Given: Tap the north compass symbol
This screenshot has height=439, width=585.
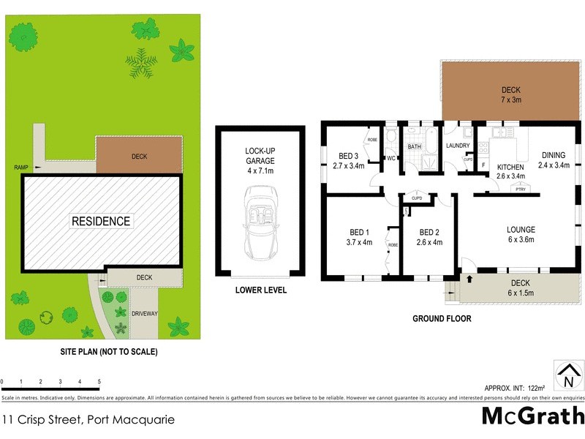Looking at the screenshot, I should (567, 375).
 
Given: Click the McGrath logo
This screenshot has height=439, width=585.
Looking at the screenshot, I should (532, 416).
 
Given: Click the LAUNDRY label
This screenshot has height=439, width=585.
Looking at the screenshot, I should (458, 146).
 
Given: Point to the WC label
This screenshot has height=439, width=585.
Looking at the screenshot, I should (391, 158).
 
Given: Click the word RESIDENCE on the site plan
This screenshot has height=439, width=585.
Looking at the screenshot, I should (101, 221).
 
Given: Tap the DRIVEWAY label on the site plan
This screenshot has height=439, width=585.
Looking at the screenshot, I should (145, 313).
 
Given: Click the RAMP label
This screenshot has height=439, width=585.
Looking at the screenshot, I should (21, 168).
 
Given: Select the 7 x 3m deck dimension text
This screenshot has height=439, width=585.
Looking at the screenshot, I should (511, 100).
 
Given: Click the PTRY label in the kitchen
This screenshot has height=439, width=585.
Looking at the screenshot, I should (521, 190).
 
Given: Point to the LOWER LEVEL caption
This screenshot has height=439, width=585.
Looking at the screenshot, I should (260, 290).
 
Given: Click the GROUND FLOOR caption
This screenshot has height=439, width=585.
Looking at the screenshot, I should (442, 318).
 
